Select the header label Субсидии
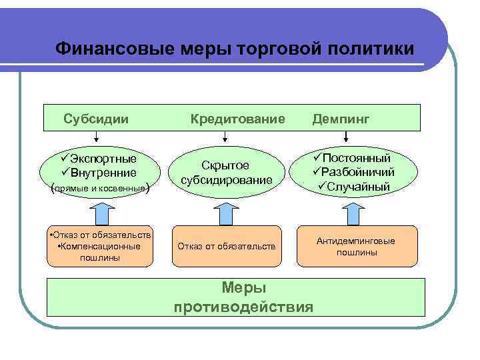coord(96,118)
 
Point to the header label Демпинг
coord(339,118)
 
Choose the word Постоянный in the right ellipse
coord(357,158)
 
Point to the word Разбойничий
coord(357,172)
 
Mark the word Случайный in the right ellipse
coord(357,186)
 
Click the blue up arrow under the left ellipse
coord(103,212)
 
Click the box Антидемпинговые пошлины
coord(356,247)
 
